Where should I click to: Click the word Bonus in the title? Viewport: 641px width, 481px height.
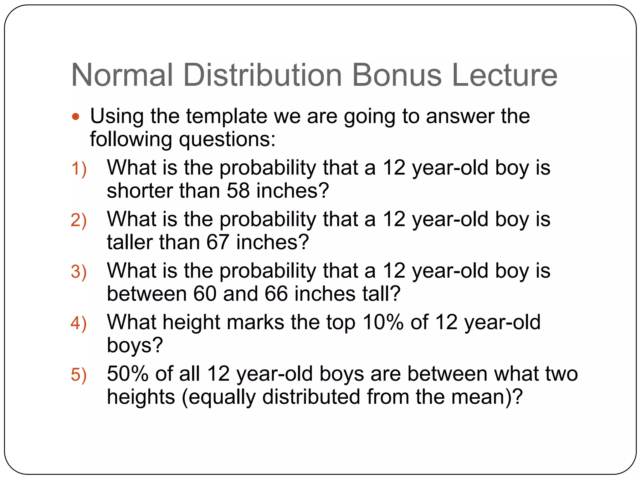tap(397, 75)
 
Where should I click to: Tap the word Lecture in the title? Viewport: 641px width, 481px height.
tap(505, 75)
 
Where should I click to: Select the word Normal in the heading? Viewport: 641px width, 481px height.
tap(122, 75)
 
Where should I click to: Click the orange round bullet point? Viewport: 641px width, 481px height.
tap(75, 117)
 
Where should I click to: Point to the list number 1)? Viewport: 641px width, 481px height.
tap(79, 169)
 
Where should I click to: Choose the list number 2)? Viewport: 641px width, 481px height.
tap(79, 220)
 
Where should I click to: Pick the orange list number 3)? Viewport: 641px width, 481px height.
tap(79, 272)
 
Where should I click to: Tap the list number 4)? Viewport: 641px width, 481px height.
tap(79, 323)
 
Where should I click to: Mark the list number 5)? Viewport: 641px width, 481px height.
tap(79, 375)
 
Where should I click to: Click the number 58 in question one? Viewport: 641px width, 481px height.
tap(238, 191)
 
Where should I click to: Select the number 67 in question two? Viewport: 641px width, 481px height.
tap(218, 242)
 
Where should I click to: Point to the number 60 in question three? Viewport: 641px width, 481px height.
tap(205, 294)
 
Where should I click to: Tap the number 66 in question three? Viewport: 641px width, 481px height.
tap(276, 294)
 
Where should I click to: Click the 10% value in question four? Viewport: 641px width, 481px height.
tap(383, 322)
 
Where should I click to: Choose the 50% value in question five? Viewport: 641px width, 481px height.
tap(127, 374)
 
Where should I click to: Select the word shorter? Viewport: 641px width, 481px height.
tap(139, 191)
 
